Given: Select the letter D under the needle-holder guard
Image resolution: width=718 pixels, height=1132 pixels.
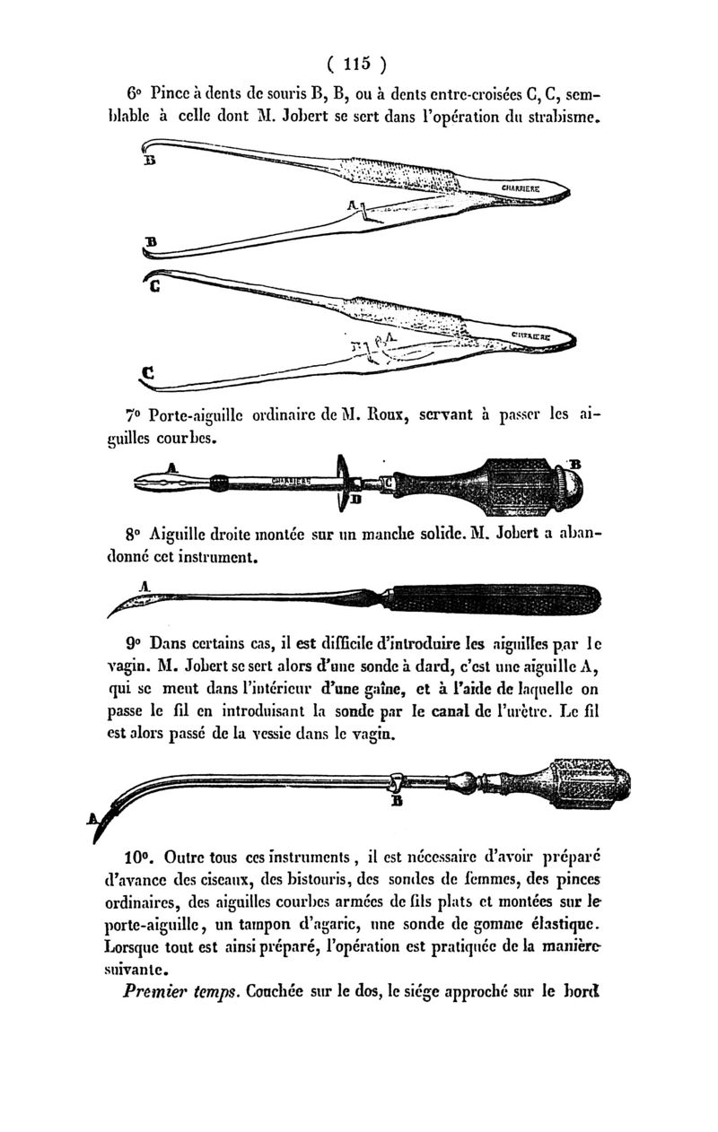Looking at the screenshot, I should [x=355, y=499].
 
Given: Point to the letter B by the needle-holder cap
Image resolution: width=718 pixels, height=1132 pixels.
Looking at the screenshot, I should [x=576, y=463].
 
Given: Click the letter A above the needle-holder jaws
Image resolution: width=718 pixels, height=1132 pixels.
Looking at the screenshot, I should [x=172, y=466].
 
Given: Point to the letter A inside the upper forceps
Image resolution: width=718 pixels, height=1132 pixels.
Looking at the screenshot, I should [x=353, y=206].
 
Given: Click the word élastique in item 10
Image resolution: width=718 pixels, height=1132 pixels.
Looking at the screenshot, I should [x=562, y=925].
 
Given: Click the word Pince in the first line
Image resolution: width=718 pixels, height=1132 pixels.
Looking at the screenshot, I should [x=171, y=93].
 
